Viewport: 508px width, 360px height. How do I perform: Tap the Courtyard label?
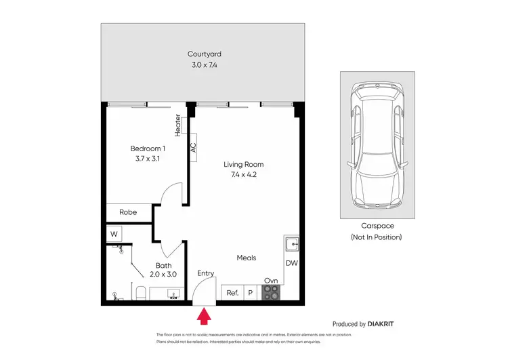point(205,54)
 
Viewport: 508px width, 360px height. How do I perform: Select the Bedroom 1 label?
point(147,148)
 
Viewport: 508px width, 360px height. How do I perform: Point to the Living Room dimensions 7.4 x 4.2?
point(244,174)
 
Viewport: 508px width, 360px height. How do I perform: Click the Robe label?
point(128,212)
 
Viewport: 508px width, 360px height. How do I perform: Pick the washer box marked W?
point(114,234)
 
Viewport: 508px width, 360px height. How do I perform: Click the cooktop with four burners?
point(271,292)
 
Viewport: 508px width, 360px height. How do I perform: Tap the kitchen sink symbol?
point(293,245)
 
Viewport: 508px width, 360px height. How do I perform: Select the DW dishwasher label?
point(292,263)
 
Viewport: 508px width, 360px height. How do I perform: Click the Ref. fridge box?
point(232,293)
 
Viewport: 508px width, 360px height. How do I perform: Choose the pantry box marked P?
point(249,293)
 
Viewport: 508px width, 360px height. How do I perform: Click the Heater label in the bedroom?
point(178,126)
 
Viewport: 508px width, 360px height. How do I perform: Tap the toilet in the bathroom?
point(139,292)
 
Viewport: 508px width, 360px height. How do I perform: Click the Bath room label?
point(163,265)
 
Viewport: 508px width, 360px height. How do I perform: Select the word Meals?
point(246,258)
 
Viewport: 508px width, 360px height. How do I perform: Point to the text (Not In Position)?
point(376,237)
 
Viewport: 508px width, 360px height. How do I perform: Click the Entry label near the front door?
point(205,273)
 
